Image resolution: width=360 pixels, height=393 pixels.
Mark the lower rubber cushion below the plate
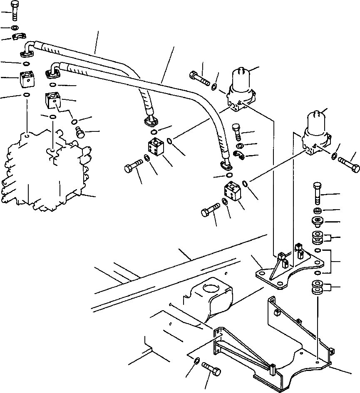[x=318, y=288]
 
